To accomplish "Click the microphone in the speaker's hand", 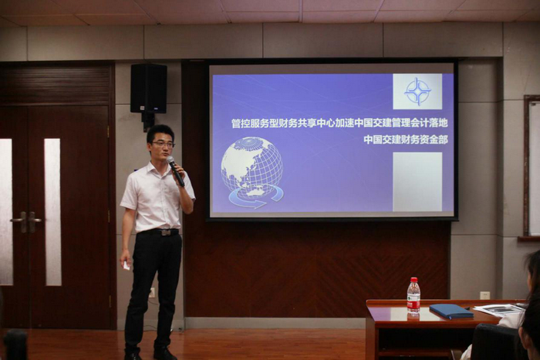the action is click(175, 170).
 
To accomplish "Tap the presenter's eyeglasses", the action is click(163, 145).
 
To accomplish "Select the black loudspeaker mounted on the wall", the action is click(148, 89).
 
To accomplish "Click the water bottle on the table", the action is click(413, 296).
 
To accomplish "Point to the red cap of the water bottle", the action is click(414, 280).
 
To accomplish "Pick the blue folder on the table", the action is click(451, 311).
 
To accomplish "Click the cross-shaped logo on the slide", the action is click(418, 91).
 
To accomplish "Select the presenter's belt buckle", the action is click(166, 232).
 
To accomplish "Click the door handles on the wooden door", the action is click(26, 220).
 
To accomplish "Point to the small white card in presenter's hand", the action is click(127, 265).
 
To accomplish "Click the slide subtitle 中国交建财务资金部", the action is click(406, 140).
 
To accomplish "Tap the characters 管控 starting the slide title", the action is click(241, 123).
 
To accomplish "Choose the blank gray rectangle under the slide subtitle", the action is click(417, 181).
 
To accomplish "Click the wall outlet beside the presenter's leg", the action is click(151, 292).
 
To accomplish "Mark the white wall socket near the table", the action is click(485, 295).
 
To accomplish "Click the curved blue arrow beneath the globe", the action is click(256, 198).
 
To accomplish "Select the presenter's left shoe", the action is click(164, 353).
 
